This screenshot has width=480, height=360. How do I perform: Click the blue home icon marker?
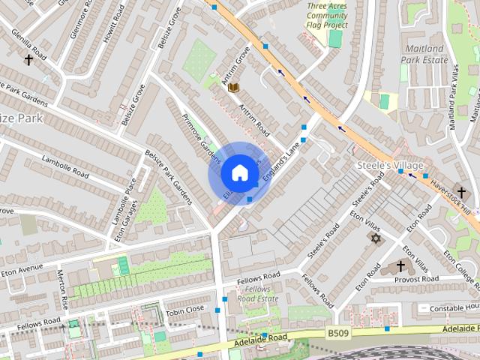(x=238, y=173)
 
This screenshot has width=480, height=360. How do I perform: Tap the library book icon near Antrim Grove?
(x=233, y=88)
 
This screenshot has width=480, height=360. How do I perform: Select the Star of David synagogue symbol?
(x=374, y=238)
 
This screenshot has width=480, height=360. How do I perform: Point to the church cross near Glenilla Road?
(x=28, y=59)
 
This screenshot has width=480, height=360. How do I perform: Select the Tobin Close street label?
(x=184, y=308)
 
